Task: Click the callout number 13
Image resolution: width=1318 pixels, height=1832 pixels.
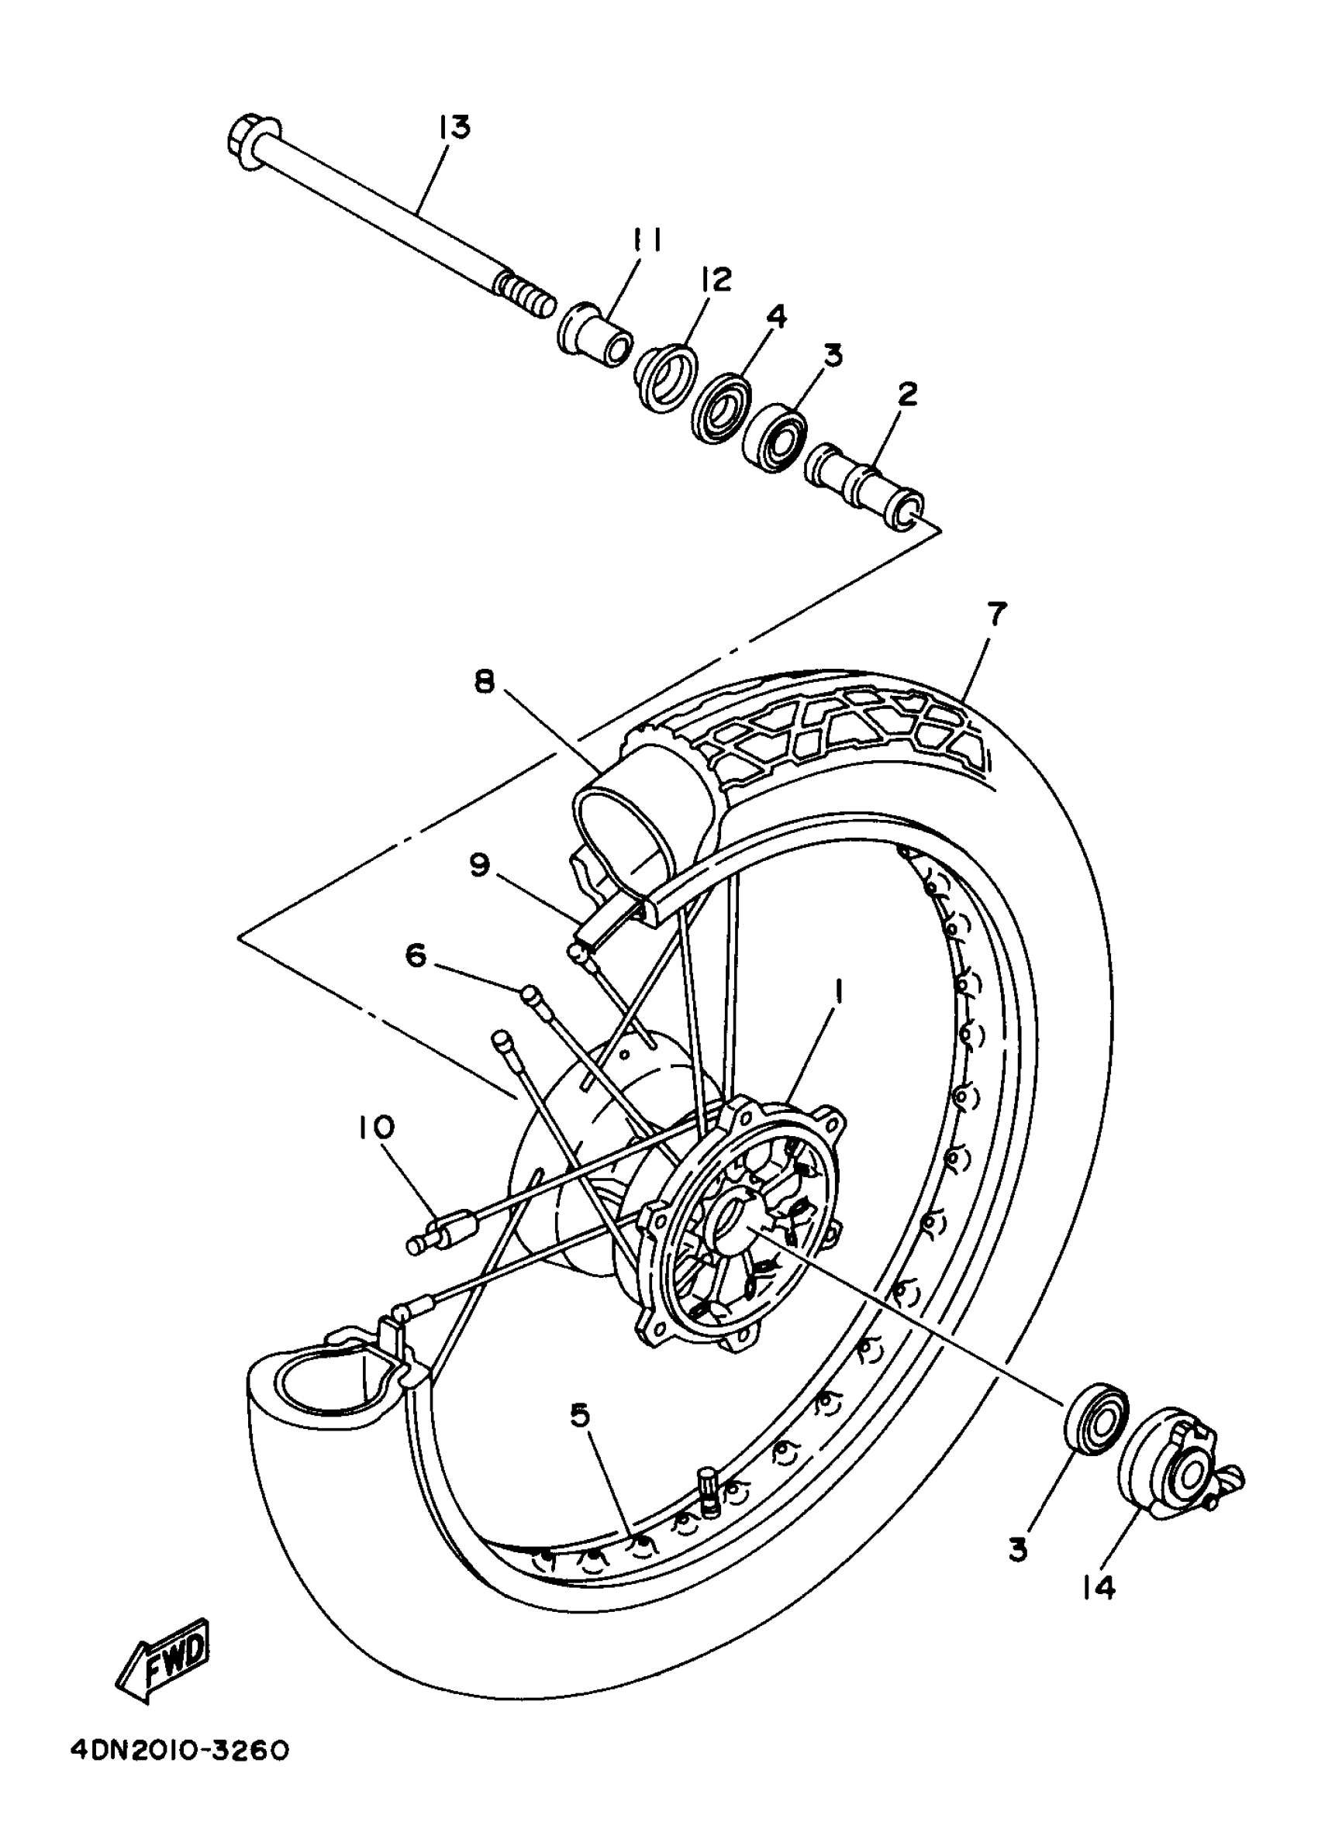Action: click(x=455, y=129)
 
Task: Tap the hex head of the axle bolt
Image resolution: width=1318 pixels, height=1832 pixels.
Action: click(x=252, y=144)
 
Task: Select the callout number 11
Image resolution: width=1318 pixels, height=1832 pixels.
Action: click(x=647, y=240)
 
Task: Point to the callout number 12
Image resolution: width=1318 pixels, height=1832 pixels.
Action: click(x=716, y=279)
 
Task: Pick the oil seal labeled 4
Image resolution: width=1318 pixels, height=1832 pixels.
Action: click(x=721, y=408)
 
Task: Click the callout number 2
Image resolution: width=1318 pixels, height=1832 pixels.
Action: click(x=908, y=395)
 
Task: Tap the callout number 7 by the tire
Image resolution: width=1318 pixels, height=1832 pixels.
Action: click(x=997, y=615)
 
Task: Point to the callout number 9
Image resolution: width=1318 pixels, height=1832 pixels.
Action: click(x=479, y=865)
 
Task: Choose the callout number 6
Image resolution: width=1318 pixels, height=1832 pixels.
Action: click(x=416, y=956)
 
